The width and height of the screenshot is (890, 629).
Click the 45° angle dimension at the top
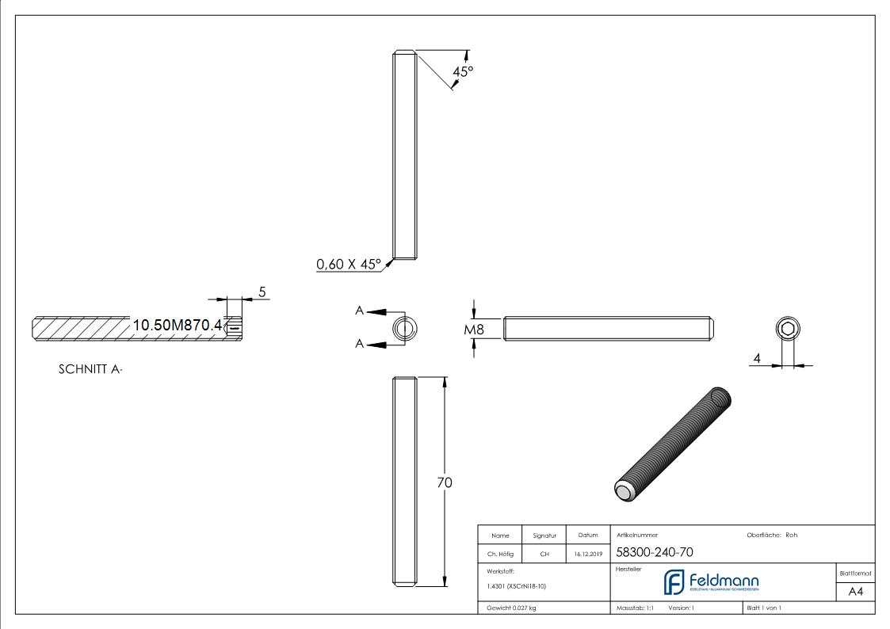(462, 71)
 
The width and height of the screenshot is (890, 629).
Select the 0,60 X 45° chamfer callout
(349, 265)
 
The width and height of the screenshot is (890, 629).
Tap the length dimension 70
(445, 482)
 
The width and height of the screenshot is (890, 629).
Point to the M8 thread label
(474, 328)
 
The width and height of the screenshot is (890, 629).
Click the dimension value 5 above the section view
(262, 292)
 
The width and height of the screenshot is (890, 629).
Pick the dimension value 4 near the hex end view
(757, 359)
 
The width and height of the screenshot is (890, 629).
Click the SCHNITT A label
(90, 369)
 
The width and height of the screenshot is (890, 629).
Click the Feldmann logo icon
(674, 582)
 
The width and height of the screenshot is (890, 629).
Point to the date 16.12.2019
(588, 555)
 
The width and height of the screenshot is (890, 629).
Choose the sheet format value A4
(856, 592)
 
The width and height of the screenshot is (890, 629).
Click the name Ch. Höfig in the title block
(500, 555)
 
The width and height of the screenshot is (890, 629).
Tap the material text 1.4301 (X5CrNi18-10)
(517, 586)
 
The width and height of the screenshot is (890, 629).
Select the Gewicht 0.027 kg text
(511, 608)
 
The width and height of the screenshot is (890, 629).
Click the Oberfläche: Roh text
(772, 535)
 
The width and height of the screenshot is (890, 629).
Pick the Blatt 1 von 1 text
(764, 608)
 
